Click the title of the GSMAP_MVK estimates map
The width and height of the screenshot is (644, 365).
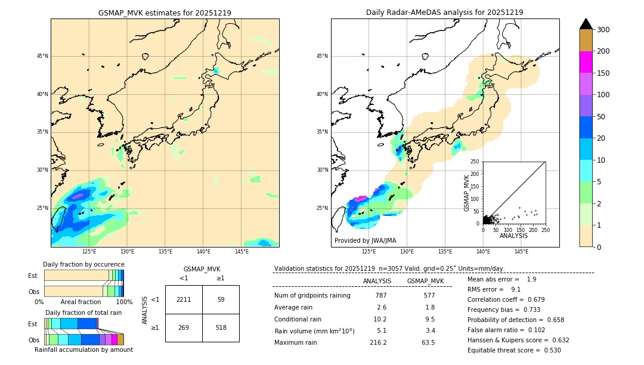pos(165,13)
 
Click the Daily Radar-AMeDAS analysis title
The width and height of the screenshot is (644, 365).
pos(444,13)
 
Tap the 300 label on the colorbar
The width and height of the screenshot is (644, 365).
pos(603,30)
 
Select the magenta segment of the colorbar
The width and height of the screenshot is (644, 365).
pos(586,62)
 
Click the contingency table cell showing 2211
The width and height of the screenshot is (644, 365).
pos(184,299)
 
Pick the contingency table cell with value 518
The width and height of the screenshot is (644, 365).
pos(221,327)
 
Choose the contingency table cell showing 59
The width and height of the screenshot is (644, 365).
pos(221,299)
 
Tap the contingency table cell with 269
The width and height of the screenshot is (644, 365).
pos(184,327)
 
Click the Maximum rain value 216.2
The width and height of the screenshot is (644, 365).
pos(378,342)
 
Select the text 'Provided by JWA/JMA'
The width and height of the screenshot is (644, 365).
pos(365,240)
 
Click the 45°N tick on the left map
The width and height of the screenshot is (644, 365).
pos(42,56)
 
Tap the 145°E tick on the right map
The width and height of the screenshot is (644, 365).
pos(521,252)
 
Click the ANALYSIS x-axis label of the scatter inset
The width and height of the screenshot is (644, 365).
pos(513,236)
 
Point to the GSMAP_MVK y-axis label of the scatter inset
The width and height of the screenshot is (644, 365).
pos(467,193)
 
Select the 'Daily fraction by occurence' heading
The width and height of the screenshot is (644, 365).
pos(83,264)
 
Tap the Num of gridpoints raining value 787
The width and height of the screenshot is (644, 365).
pos(381,295)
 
